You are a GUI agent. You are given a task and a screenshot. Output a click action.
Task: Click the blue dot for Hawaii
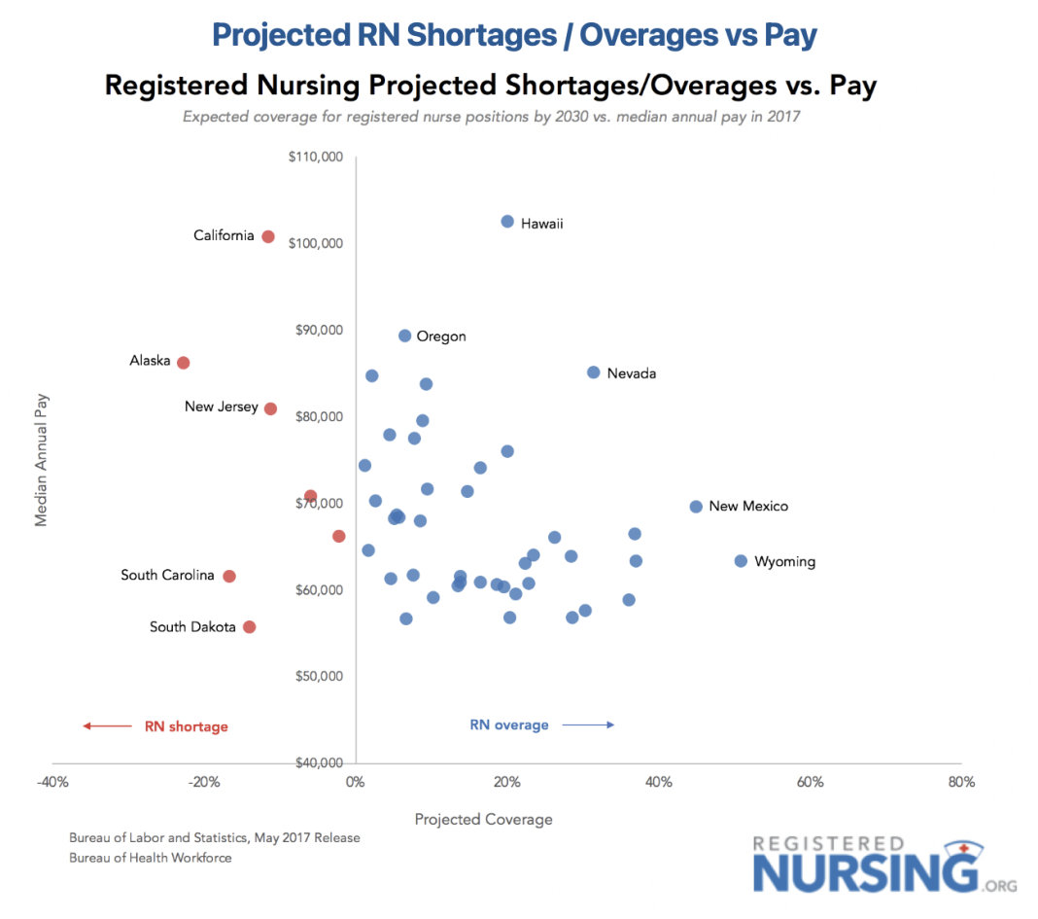(507, 222)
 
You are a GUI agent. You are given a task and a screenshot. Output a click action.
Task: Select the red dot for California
(268, 236)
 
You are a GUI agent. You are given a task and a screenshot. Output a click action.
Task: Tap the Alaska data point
(183, 363)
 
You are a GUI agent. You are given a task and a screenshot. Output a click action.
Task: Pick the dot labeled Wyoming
(741, 561)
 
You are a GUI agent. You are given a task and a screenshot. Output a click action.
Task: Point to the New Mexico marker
(696, 507)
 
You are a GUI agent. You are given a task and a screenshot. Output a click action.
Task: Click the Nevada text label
(632, 373)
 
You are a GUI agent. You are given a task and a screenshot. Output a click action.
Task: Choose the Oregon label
(441, 336)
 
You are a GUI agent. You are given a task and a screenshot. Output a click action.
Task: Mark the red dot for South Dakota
(249, 627)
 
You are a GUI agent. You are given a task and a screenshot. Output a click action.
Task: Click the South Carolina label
(167, 576)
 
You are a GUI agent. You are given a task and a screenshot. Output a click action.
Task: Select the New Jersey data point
(270, 408)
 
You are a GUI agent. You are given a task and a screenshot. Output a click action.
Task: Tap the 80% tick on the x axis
(961, 782)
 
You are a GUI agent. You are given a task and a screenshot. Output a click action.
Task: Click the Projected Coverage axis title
(483, 819)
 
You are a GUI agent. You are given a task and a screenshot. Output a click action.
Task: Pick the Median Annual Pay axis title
(41, 459)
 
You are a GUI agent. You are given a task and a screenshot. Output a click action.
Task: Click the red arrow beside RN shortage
(107, 725)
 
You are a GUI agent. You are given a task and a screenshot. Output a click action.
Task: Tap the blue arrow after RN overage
(588, 725)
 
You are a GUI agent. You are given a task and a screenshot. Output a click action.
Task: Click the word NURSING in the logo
(865, 870)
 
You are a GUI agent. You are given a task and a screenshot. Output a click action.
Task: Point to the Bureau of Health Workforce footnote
(151, 858)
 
